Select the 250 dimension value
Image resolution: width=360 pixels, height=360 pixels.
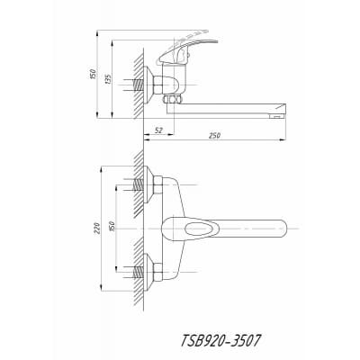point(214,136)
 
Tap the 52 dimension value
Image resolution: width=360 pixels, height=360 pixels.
point(158,130)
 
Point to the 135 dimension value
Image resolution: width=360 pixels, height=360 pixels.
point(108,78)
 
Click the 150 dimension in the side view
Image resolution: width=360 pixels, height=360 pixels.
point(93,74)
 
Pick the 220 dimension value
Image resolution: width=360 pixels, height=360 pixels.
point(97,229)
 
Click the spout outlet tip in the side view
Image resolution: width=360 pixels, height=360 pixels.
point(277,116)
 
